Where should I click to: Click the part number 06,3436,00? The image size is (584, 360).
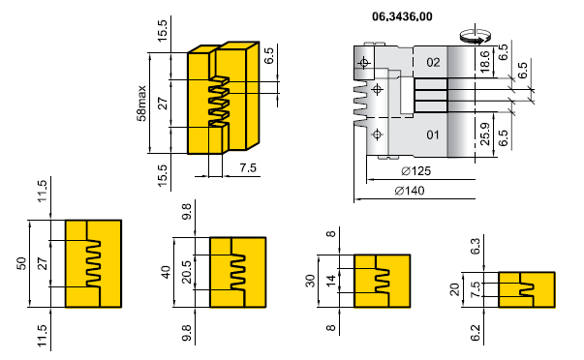click(402, 16)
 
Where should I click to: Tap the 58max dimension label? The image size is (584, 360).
click(142, 104)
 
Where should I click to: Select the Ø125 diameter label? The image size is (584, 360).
click(416, 171)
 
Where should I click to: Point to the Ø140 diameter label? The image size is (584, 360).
click(410, 191)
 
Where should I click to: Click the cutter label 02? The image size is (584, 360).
click(433, 62)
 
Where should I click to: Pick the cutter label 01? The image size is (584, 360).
click(432, 135)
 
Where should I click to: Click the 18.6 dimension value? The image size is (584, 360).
click(484, 61)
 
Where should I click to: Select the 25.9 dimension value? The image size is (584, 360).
click(485, 134)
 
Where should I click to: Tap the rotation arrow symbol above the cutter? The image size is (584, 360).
click(475, 37)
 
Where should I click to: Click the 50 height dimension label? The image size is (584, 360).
click(21, 263)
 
